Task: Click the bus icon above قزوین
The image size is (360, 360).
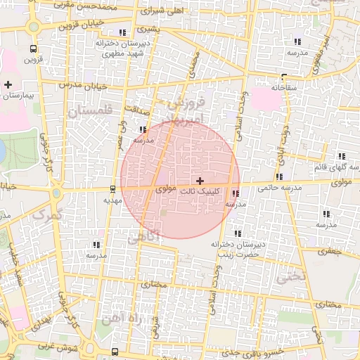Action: [x=33, y=49]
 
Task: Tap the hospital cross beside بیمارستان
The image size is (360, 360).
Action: [x=8, y=84]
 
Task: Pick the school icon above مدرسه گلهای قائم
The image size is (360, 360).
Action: [x=342, y=156]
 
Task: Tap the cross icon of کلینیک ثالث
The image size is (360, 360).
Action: [x=200, y=181]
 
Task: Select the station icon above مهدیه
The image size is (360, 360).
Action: [x=113, y=188]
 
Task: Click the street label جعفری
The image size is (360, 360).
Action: [x=328, y=250]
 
